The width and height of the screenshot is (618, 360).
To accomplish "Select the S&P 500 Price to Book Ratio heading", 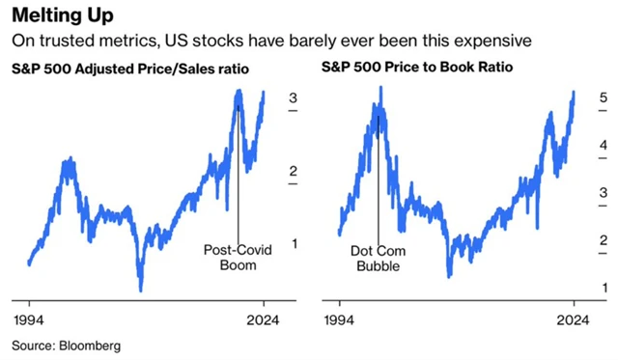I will [x=403, y=69].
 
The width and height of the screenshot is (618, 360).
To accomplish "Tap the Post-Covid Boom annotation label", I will [x=237, y=257].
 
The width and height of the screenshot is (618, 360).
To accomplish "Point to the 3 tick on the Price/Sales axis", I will [x=293, y=97].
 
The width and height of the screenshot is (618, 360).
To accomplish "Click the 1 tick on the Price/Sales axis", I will [x=293, y=243].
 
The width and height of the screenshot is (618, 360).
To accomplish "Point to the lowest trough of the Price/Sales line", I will [x=140, y=289].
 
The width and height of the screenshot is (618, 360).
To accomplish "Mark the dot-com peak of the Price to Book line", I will [x=380, y=88].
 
